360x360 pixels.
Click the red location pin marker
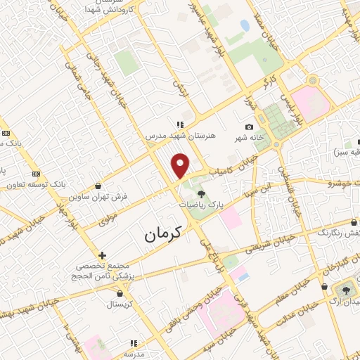pyautogui.click(x=181, y=165)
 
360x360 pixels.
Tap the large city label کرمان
pyautogui.click(x=163, y=235)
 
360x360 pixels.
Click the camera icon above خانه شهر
pyautogui.click(x=248, y=127)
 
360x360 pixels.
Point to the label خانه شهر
pyautogui.click(x=250, y=139)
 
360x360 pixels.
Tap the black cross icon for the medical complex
pyautogui.click(x=103, y=255)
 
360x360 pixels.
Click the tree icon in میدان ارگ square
pyautogui.click(x=346, y=289)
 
